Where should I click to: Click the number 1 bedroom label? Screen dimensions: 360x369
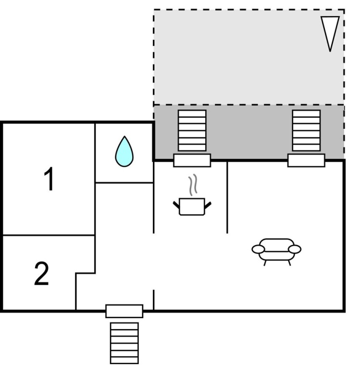(49, 179)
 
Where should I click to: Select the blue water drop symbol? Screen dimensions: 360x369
(124, 151)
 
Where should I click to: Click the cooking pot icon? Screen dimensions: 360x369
(192, 207)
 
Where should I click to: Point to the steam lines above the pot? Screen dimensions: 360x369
(193, 185)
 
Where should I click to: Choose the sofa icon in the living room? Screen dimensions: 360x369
(276, 252)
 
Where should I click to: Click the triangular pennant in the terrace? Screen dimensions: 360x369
(330, 34)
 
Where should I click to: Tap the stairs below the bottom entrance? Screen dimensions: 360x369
(124, 344)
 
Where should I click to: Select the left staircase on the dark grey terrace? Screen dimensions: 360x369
(192, 130)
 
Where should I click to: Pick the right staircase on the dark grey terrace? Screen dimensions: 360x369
(306, 130)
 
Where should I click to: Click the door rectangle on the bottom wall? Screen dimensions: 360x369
(124, 311)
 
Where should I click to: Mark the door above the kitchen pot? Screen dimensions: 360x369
(192, 160)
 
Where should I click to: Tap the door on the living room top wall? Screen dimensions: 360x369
(306, 160)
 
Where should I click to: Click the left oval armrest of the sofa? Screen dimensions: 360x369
(258, 249)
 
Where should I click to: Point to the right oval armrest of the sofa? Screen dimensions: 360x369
(295, 249)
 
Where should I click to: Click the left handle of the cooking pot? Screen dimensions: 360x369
(176, 205)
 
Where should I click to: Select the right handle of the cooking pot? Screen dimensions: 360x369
(208, 205)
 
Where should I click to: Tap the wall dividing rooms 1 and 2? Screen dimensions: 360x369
(49, 235)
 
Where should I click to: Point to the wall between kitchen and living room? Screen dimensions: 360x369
(227, 197)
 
